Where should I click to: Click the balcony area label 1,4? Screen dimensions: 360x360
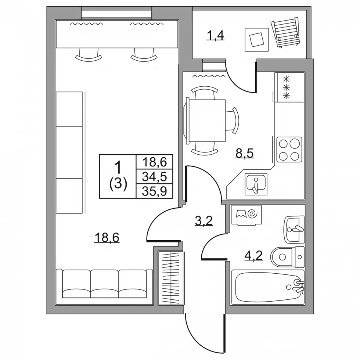[215, 36]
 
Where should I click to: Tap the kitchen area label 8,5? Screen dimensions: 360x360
[245, 154]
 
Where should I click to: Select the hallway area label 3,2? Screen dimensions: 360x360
[204, 221]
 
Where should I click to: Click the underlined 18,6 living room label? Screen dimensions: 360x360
[107, 237]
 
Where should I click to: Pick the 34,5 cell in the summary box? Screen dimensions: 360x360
[154, 177]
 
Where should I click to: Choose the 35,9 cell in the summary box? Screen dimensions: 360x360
[154, 191]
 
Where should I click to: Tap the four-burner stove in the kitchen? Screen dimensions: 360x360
[289, 150]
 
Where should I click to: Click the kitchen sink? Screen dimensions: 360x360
[256, 184]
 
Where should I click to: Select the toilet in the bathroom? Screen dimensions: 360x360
[287, 257]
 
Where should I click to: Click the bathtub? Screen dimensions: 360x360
[268, 287]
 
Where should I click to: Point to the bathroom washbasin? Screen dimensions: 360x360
[294, 230]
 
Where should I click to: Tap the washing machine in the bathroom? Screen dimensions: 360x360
[246, 215]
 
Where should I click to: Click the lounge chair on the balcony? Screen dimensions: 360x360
[286, 32]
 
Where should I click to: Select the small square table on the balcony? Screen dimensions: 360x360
[256, 40]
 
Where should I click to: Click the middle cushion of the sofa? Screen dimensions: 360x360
[104, 284]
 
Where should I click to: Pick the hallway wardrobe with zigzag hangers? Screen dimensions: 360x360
[171, 278]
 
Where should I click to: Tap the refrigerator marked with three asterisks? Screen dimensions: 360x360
[289, 87]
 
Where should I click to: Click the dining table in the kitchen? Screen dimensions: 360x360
[206, 120]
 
